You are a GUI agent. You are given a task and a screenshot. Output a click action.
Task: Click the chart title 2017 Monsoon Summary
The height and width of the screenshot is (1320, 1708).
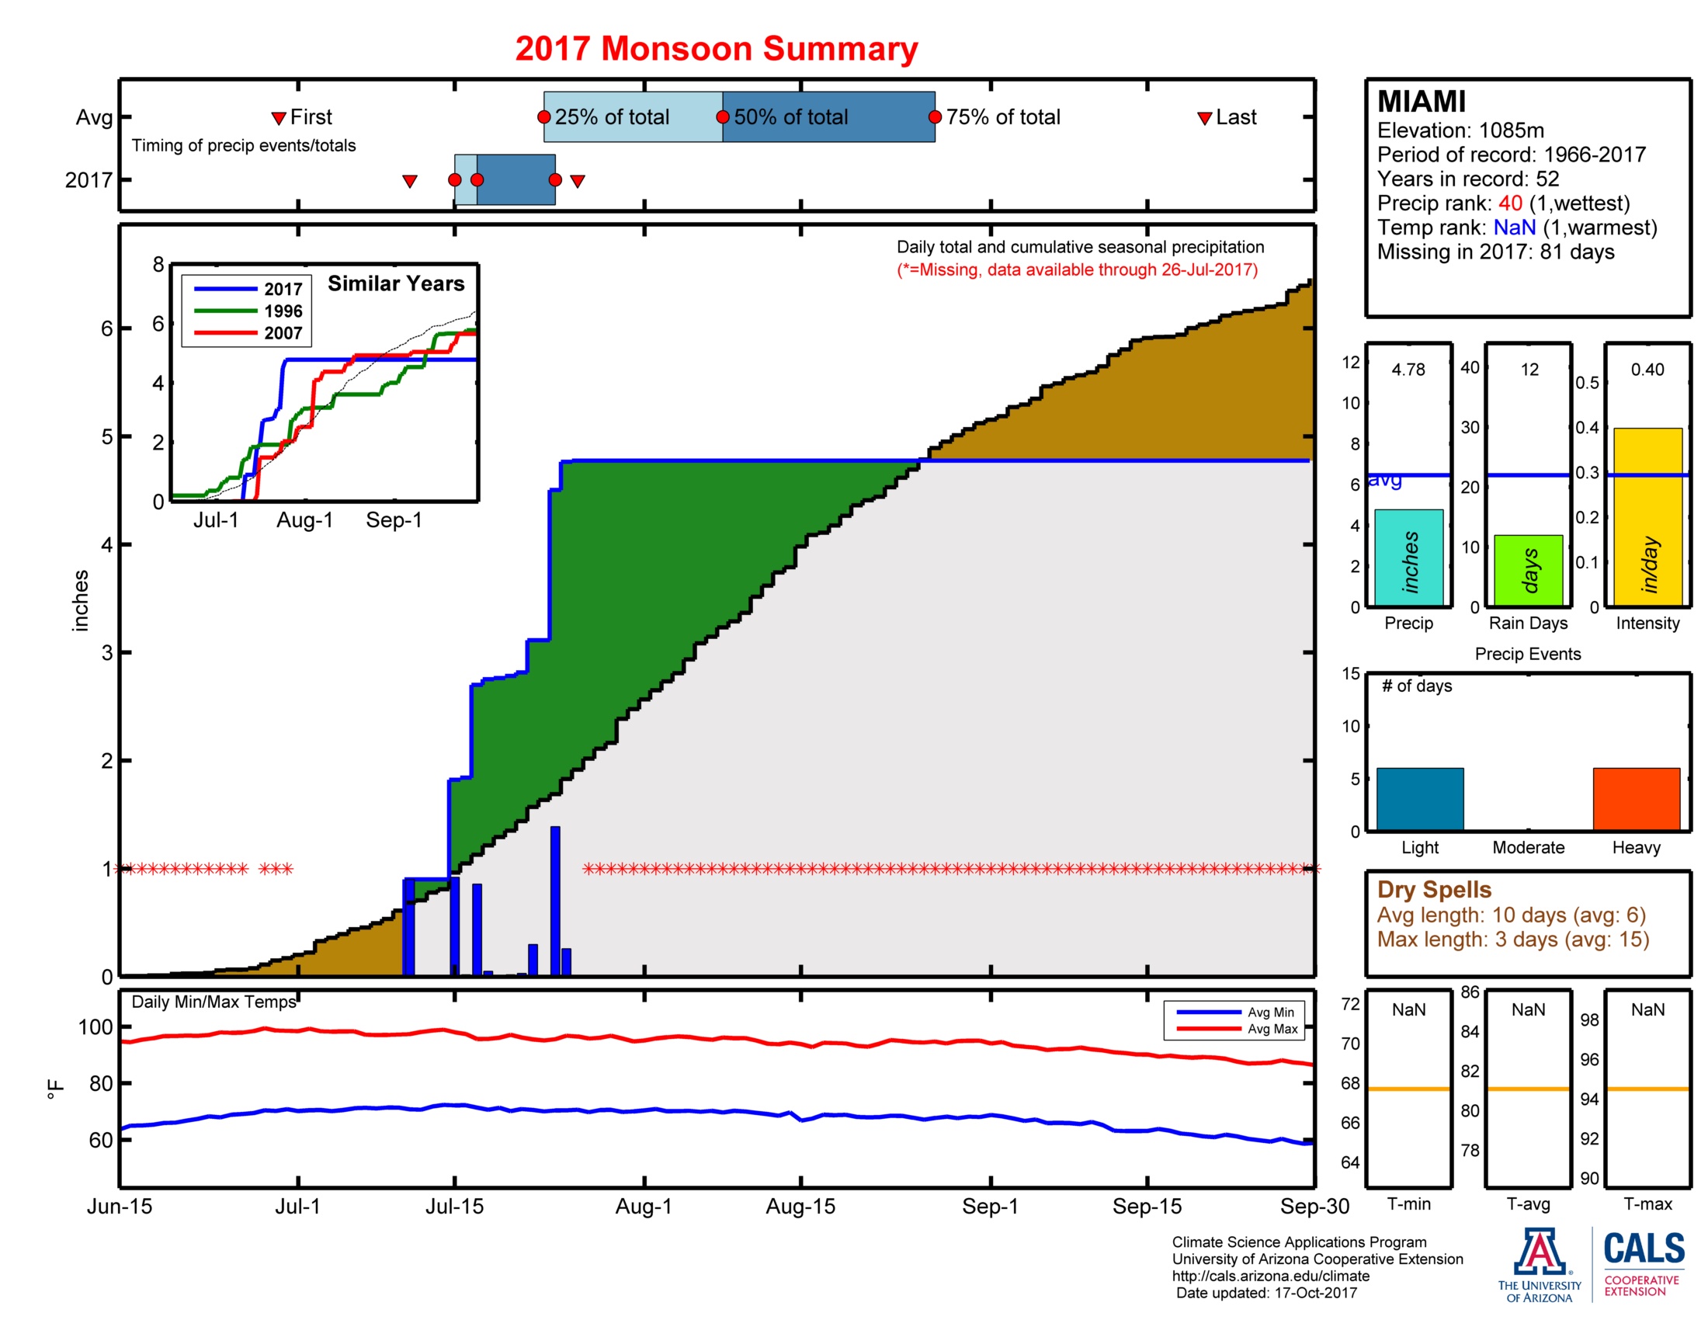pyautogui.click(x=716, y=48)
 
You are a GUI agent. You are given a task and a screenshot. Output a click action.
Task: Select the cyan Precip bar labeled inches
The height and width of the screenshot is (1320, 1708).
pyautogui.click(x=1408, y=558)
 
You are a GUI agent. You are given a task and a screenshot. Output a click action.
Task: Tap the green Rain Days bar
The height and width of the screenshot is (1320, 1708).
pyautogui.click(x=1528, y=571)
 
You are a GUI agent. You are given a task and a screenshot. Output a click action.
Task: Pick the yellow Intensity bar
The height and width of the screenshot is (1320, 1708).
pyautogui.click(x=1647, y=516)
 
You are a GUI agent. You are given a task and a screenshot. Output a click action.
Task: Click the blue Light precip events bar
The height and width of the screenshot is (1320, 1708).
pyautogui.click(x=1419, y=798)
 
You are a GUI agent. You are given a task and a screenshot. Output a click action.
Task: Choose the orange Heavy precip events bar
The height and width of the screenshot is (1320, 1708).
pyautogui.click(x=1636, y=798)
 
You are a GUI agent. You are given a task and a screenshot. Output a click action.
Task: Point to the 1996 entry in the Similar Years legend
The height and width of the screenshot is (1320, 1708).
pyautogui.click(x=283, y=311)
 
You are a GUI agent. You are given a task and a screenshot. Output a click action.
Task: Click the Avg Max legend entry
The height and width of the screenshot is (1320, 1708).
pyautogui.click(x=1272, y=1029)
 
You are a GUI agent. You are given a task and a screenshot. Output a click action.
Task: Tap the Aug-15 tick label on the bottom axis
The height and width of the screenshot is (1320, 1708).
pyautogui.click(x=800, y=1207)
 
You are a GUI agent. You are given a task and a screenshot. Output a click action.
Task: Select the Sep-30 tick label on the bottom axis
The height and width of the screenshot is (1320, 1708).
pyautogui.click(x=1314, y=1207)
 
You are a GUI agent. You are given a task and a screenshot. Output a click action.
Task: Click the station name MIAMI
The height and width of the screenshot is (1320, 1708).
pyautogui.click(x=1421, y=102)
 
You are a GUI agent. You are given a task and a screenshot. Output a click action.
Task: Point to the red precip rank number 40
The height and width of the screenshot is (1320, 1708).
pyautogui.click(x=1509, y=203)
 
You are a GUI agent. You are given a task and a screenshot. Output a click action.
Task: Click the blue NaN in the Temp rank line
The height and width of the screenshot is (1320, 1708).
pyautogui.click(x=1514, y=228)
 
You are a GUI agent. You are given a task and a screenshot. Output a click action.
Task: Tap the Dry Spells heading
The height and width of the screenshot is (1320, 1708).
pyautogui.click(x=1433, y=890)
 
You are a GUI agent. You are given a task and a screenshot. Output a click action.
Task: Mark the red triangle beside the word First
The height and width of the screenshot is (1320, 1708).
pyautogui.click(x=279, y=118)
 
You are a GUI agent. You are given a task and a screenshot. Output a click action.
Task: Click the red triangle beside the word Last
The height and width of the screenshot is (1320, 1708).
pyautogui.click(x=1204, y=118)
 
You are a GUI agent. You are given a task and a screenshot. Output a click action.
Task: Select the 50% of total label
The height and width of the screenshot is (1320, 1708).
pyautogui.click(x=790, y=117)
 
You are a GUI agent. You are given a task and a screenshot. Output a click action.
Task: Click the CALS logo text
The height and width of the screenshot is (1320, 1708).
pyautogui.click(x=1644, y=1249)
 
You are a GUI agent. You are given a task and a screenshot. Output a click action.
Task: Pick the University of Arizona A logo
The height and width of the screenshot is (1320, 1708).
pyautogui.click(x=1539, y=1252)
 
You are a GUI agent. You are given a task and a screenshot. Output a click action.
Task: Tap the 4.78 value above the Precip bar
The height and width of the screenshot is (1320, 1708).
pyautogui.click(x=1408, y=370)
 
